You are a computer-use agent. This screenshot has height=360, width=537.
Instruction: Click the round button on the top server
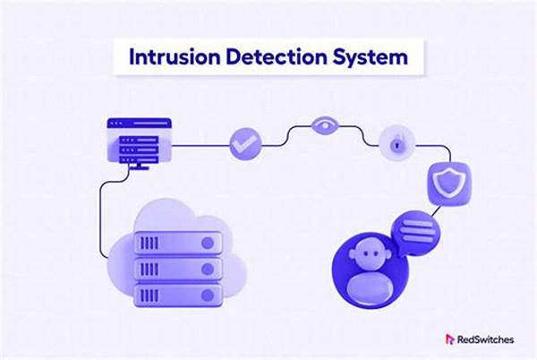coord(208,243)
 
